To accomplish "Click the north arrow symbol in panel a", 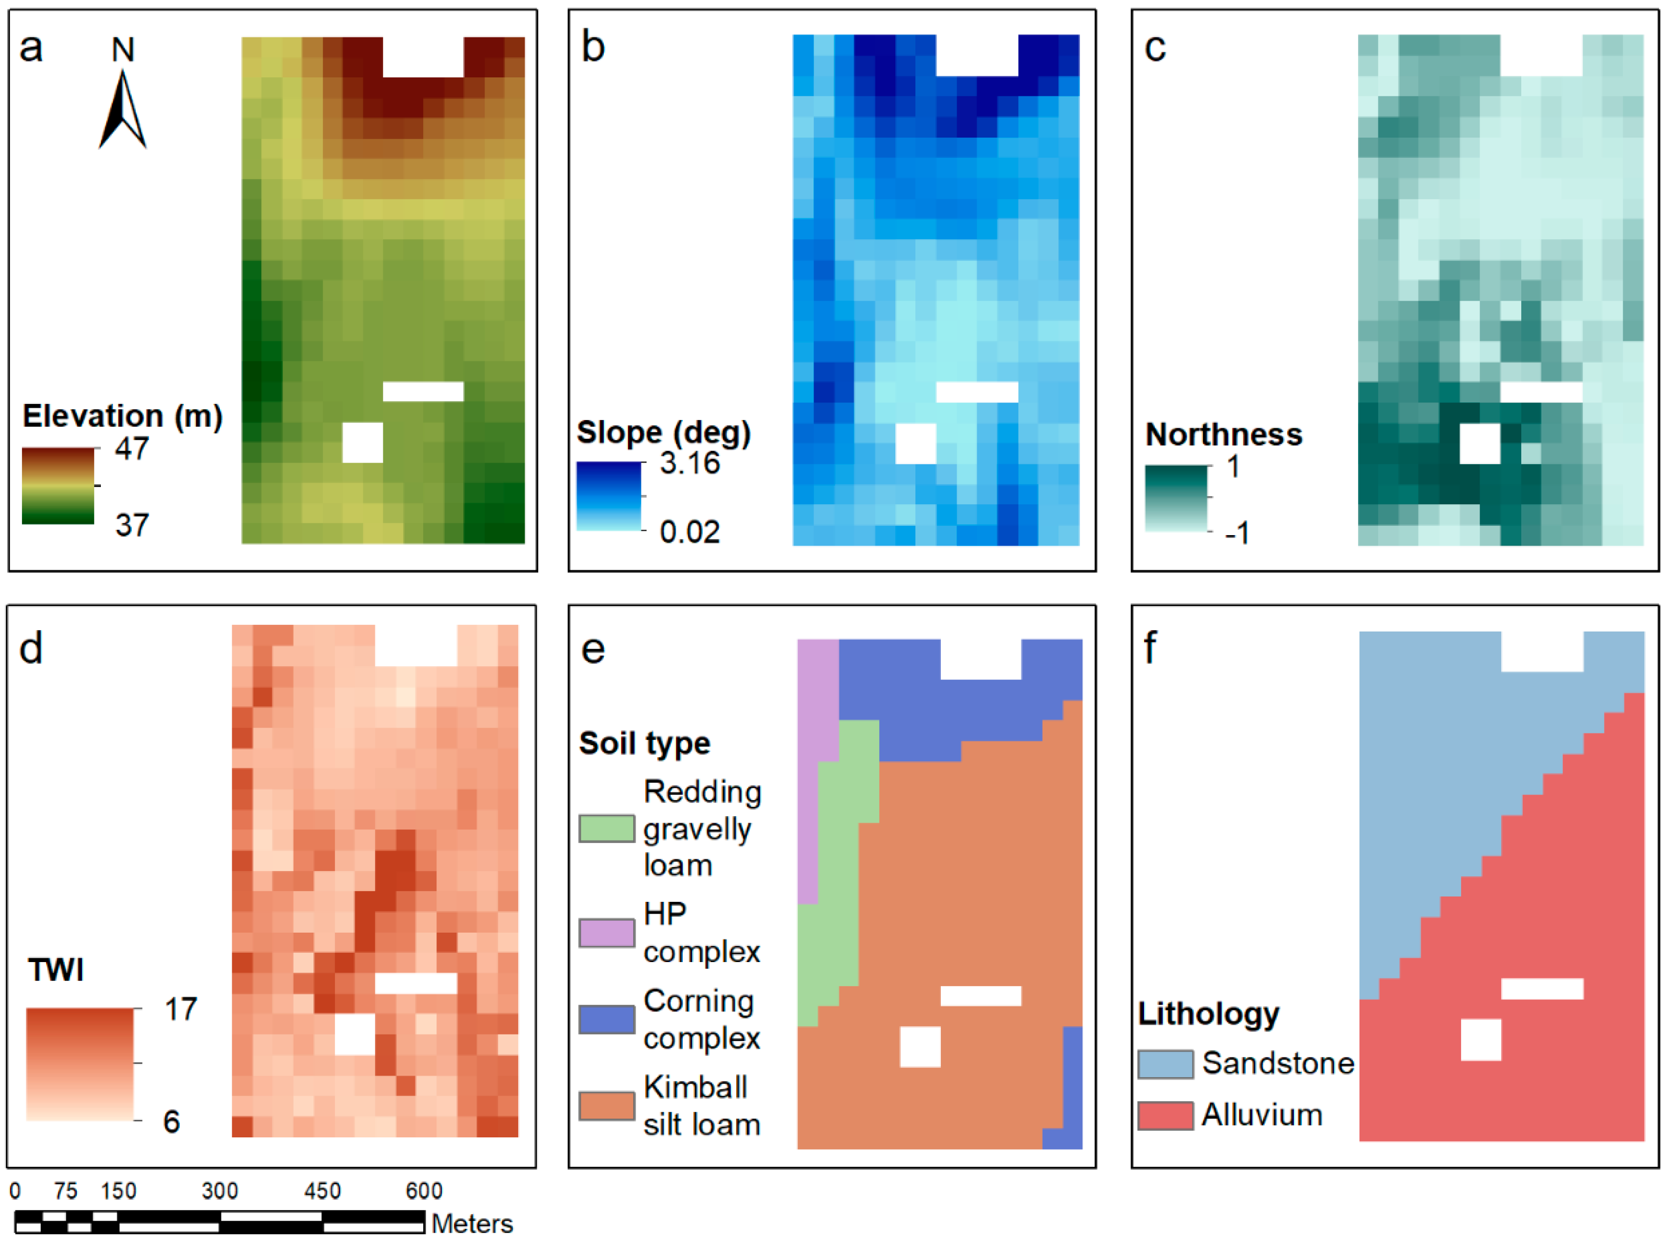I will pyautogui.click(x=122, y=110).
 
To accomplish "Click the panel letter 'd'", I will pyautogui.click(x=31, y=649).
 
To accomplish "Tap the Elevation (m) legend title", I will pyautogui.click(x=122, y=416).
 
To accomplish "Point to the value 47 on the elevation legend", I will pyautogui.click(x=132, y=449).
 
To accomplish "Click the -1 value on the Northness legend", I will pyautogui.click(x=1237, y=533).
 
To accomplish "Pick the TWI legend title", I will pyautogui.click(x=56, y=970).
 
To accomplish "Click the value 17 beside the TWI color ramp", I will pyautogui.click(x=181, y=1009).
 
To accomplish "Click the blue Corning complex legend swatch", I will pyautogui.click(x=606, y=1019).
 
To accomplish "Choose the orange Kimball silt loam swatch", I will pyautogui.click(x=606, y=1106).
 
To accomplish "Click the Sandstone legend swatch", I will pyautogui.click(x=1165, y=1064).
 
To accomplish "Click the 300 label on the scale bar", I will pyautogui.click(x=220, y=1191).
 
